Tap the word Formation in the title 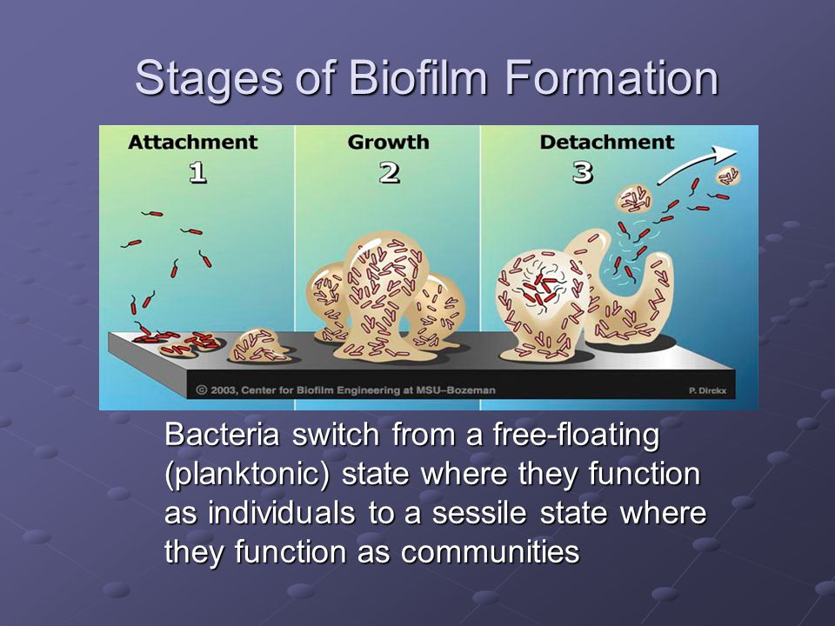(x=611, y=77)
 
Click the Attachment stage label (x=193, y=142)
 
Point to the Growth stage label (x=388, y=143)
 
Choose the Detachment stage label (x=607, y=142)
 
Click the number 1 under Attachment (x=198, y=173)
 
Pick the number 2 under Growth (x=390, y=173)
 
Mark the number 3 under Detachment (x=583, y=173)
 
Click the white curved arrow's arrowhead (x=726, y=153)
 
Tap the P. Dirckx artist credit (x=707, y=390)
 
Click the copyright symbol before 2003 (x=201, y=390)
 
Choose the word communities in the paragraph (x=490, y=552)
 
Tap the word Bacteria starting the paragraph (x=222, y=435)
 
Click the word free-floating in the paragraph (x=576, y=436)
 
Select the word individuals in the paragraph (x=281, y=513)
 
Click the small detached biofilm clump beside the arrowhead (x=728, y=176)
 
